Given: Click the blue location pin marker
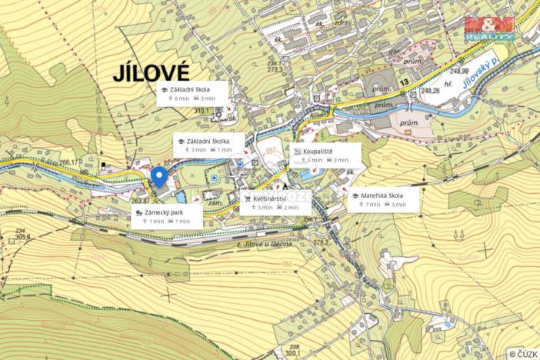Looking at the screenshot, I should tap(159, 177).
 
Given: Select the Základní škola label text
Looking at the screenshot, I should tap(190, 90).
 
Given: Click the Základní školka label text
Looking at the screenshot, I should tap(208, 142).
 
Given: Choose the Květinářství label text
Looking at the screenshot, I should tap(270, 198).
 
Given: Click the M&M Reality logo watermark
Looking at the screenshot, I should tap(488, 26).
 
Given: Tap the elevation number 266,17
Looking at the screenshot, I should tap(70, 162).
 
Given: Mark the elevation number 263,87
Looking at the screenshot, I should tap(140, 202).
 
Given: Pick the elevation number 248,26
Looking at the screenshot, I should tap(431, 91).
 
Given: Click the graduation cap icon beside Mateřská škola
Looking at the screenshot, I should tap(355, 196).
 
